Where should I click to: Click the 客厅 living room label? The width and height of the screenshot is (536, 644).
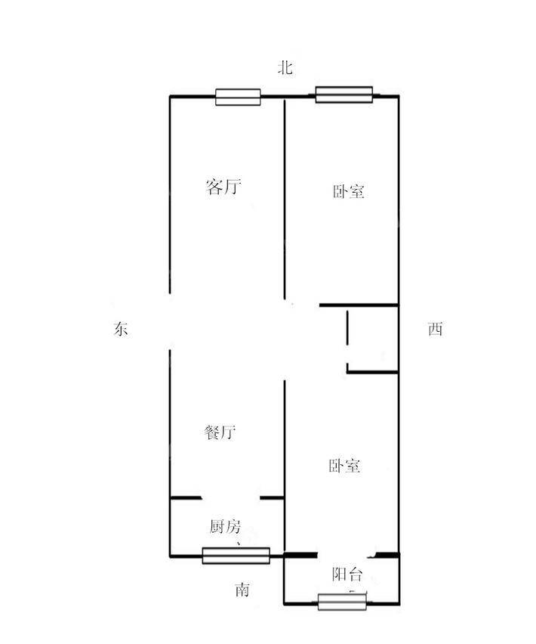pos(223,187)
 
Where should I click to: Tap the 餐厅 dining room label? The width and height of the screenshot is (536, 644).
pos(220,432)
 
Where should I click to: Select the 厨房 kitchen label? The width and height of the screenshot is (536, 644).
pos(225,527)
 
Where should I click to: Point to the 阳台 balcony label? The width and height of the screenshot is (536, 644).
pos(347,574)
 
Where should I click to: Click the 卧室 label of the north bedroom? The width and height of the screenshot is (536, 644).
pos(348,192)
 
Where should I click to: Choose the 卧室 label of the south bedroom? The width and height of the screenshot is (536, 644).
pos(344,466)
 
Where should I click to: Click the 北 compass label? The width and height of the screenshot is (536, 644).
pos(285,67)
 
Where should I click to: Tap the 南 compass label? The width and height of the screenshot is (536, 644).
pos(242,590)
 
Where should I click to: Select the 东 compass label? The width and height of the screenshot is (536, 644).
pos(121,329)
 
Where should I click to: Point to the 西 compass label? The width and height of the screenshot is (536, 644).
pos(435,329)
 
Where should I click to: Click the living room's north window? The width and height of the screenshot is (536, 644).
pos(238,97)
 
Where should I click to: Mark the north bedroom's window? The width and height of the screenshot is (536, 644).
pos(343,94)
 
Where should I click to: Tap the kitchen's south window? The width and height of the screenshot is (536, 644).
pos(236,556)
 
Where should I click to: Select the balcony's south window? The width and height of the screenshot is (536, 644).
pos(342,602)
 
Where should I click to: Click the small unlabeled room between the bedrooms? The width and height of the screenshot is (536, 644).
pos(373,339)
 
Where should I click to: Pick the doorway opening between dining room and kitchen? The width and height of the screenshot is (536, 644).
pos(231,498)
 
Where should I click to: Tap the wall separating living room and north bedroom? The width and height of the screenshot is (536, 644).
pos(284,199)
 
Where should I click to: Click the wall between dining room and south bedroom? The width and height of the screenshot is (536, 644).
pos(284,466)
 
